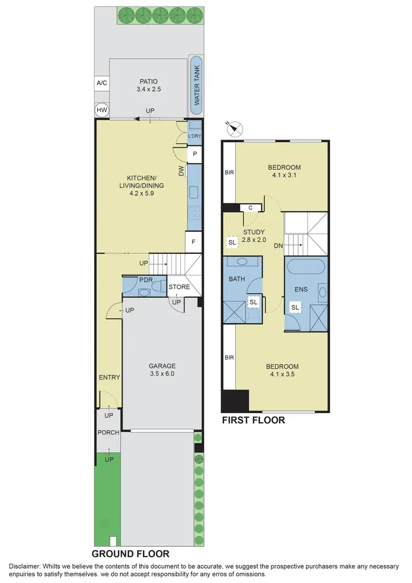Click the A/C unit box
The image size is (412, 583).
102,83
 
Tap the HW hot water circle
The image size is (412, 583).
102,110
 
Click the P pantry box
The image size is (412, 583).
194,155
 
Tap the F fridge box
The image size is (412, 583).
194,241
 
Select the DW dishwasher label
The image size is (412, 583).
181,172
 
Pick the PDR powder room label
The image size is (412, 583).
146,280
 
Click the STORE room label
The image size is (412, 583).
179,287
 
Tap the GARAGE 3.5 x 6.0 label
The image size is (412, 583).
162,369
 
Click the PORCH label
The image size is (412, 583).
108,432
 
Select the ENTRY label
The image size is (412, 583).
109,377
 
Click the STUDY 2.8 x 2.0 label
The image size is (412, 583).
254,235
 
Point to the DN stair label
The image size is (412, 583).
279,246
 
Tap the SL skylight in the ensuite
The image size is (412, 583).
295,308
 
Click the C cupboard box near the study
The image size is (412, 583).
250,207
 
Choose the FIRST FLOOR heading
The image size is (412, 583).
253,420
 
